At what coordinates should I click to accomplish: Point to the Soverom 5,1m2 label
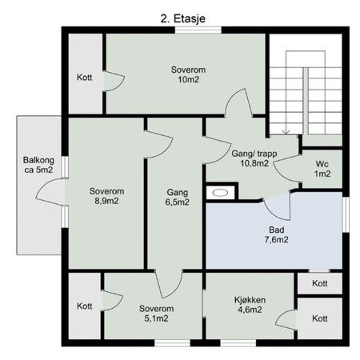pos(154,313)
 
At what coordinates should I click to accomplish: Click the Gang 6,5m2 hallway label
pos(178,198)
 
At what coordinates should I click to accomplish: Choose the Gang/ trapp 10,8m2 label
pos(248,157)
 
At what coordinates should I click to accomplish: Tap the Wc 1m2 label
pos(322,168)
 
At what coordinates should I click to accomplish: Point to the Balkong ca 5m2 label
pos(38,164)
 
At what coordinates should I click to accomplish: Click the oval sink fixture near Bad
pos(218,192)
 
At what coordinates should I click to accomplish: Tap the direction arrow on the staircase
pos(287,128)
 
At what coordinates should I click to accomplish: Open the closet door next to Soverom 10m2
pos(114,80)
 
